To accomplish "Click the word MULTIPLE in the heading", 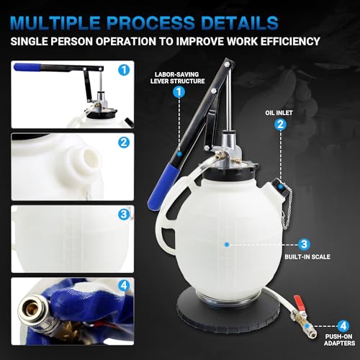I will [x=68, y=20].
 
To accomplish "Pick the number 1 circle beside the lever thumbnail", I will [x=123, y=70].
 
